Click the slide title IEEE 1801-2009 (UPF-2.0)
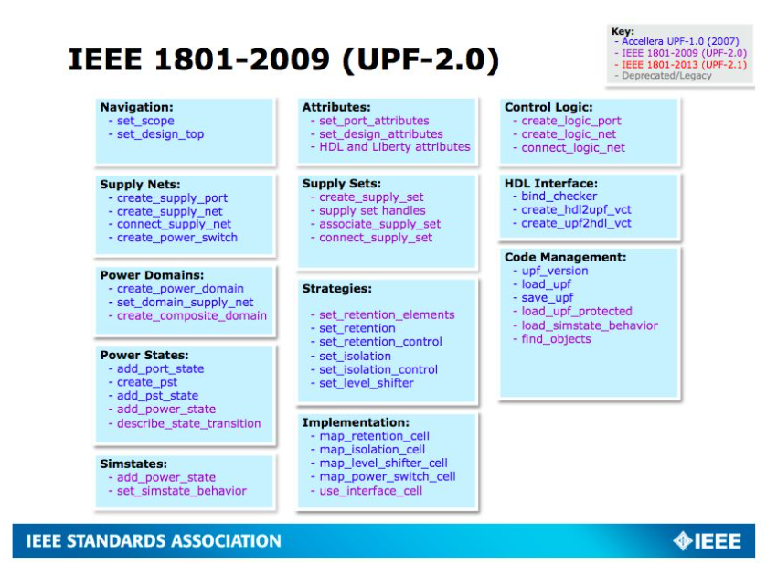point(283,60)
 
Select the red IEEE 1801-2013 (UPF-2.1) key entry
point(684,64)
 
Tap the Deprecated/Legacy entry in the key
point(666,76)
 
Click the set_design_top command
point(160,134)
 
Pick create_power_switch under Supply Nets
point(177,238)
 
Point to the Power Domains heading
point(152,275)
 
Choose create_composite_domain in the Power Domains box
point(192,315)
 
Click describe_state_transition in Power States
point(189,424)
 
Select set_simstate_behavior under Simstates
point(181,491)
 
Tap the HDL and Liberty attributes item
point(395,147)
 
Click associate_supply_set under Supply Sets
point(379,225)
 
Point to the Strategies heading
point(337,289)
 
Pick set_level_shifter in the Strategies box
point(367,383)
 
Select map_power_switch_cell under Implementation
point(388,477)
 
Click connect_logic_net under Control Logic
point(573,148)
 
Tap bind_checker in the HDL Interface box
point(559,197)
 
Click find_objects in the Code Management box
point(556,339)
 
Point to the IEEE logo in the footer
point(708,541)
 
